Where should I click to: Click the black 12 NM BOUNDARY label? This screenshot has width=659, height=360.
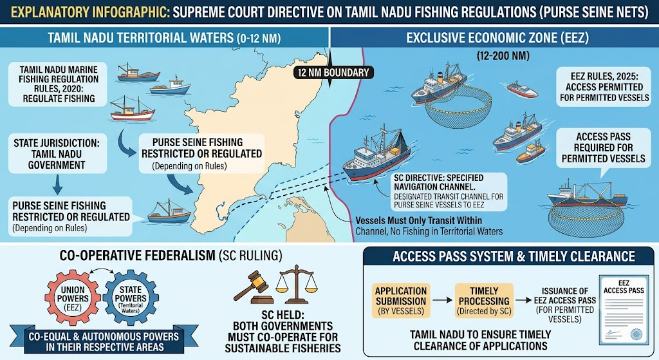coord(333,73)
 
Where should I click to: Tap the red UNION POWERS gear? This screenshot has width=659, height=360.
coord(73,298)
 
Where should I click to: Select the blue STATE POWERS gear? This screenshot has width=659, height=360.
coord(131,298)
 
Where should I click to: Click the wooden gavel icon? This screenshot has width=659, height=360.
coord(254,287)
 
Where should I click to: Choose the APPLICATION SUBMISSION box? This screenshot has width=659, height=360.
coord(401,301)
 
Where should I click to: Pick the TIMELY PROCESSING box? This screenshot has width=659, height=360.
coord(484,301)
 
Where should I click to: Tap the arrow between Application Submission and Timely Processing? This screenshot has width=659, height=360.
coord(443,300)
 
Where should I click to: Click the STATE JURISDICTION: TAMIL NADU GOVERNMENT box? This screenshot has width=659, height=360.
coord(57,154)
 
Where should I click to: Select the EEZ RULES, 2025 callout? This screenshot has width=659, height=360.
coord(604,87)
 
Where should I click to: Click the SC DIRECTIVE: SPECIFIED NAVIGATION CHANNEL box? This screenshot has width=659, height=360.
coord(449,191)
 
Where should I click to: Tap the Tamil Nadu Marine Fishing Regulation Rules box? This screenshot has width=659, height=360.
coord(59,84)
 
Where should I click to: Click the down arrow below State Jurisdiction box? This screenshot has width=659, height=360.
coord(57,185)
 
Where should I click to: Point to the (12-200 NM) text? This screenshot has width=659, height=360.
coord(503,56)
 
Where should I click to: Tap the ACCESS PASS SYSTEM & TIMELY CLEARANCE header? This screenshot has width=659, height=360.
coord(508,256)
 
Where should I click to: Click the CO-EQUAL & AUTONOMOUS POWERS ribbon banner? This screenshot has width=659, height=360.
coord(104,341)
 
